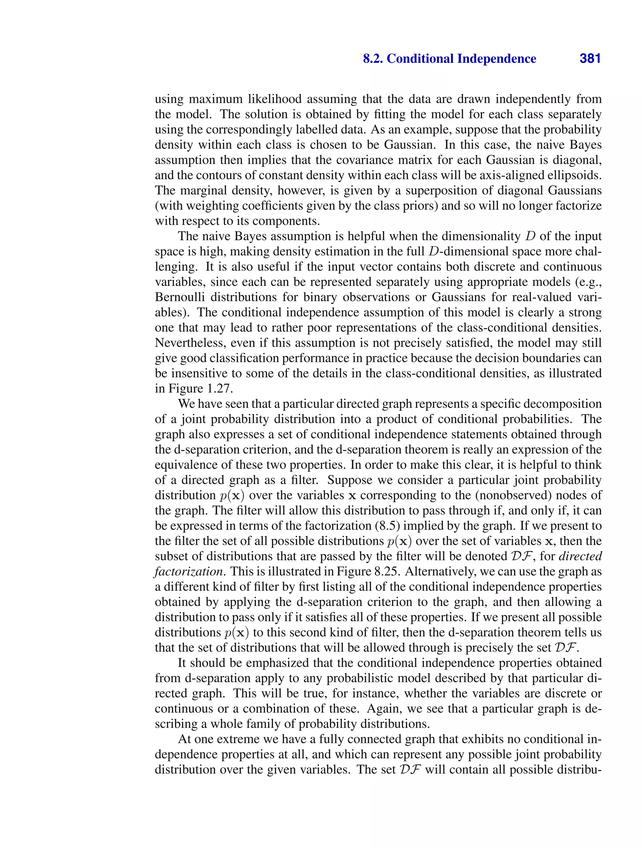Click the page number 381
click(x=590, y=59)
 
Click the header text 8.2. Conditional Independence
click(x=449, y=59)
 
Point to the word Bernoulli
click(x=179, y=297)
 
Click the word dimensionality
click(x=471, y=236)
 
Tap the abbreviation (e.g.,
click(x=588, y=282)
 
